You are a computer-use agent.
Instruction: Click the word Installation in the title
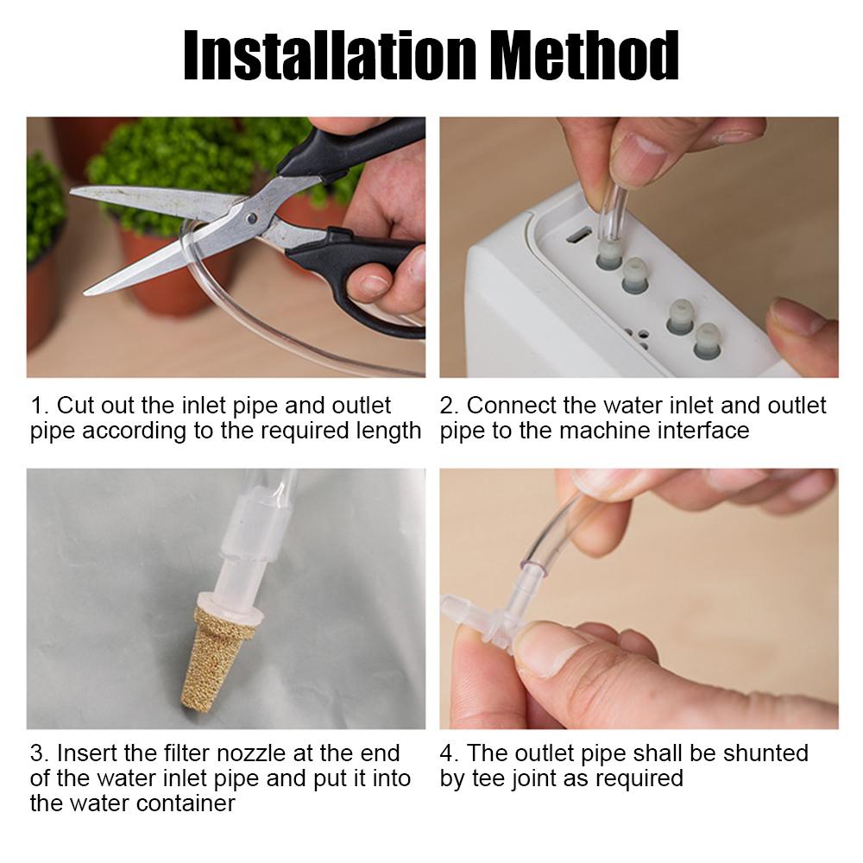click(331, 54)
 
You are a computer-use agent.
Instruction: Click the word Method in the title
click(584, 54)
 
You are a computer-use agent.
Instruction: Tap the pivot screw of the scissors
click(251, 218)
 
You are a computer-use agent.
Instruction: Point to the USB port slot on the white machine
click(578, 236)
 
